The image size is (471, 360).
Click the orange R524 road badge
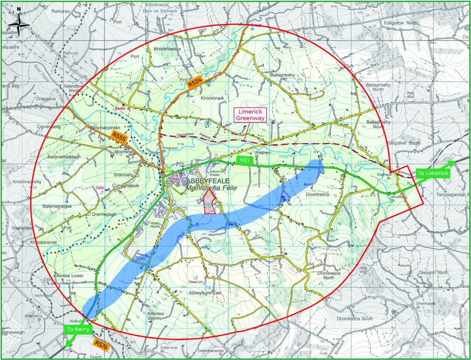[195, 84]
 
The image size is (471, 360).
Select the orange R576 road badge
[101, 343]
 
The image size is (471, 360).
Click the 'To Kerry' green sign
[78, 329]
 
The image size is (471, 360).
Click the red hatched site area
[209, 206]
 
